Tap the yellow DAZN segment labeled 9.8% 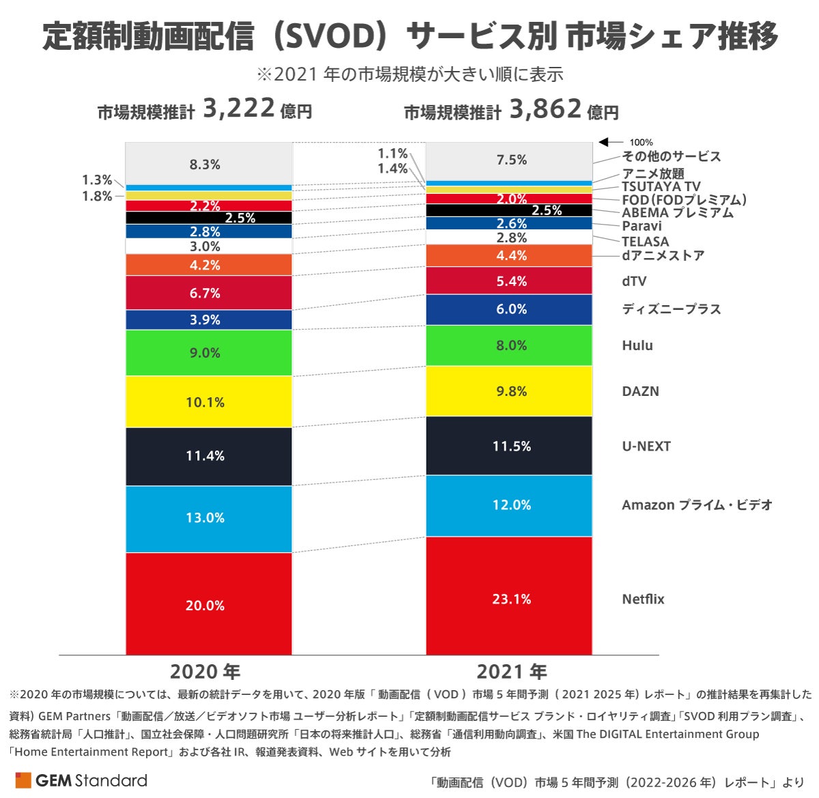[509, 391]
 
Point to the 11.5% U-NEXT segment [509, 446]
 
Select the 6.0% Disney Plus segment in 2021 [509, 309]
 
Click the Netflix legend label [643, 599]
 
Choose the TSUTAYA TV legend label [661, 186]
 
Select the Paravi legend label [642, 226]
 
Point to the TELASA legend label [645, 242]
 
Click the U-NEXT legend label [646, 446]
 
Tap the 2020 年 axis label [205, 672]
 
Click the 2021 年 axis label [511, 672]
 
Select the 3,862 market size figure [545, 109]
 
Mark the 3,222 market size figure [239, 109]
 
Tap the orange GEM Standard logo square [23, 780]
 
